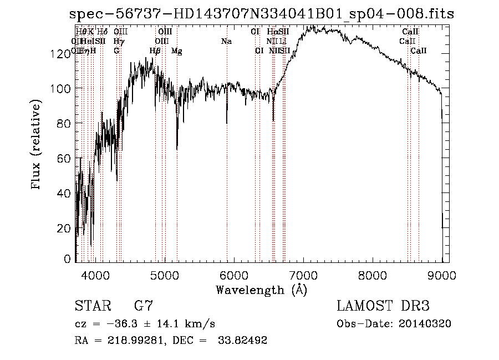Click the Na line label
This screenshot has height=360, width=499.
[x=226, y=41]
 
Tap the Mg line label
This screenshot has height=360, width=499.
[x=176, y=51]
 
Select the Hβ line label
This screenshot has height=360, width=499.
[x=155, y=51]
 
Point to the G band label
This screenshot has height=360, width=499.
[x=116, y=50]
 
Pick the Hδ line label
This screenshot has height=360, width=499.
[x=103, y=32]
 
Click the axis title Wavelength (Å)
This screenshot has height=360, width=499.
[x=261, y=290]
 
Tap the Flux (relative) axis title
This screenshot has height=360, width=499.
[x=37, y=145]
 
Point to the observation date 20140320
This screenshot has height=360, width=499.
[x=425, y=323]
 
